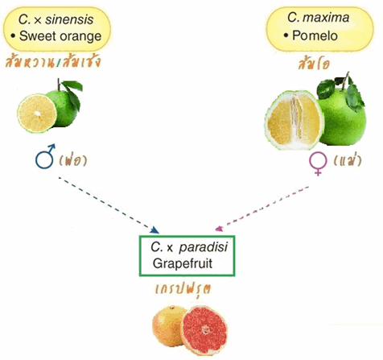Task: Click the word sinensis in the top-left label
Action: click(69, 19)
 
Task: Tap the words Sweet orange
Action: click(60, 36)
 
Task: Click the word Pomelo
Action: click(315, 35)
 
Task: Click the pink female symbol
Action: click(318, 164)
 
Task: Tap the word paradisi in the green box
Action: click(204, 247)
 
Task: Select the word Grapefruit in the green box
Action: click(183, 263)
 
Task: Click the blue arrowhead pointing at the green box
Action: click(155, 230)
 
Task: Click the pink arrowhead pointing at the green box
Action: click(220, 229)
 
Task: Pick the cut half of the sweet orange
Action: click(37, 114)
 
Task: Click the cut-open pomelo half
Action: click(294, 120)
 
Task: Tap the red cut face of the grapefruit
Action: click(204, 330)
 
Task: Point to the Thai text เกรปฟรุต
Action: click(183, 289)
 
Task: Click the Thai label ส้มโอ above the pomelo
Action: click(314, 64)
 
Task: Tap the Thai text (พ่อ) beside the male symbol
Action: click(72, 161)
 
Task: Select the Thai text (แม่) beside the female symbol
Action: click(348, 160)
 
